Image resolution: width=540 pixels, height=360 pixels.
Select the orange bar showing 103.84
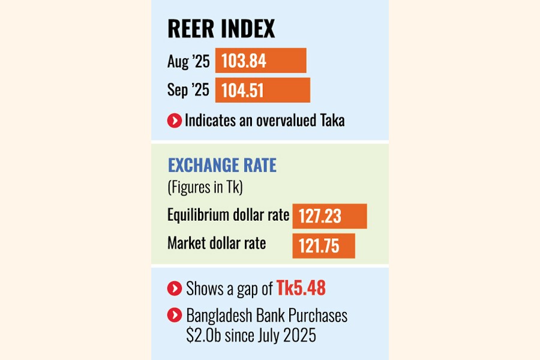pyautogui.click(x=260, y=61)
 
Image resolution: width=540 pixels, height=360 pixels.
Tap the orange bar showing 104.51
pyautogui.click(x=262, y=90)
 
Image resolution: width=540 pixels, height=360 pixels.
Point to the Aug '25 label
pyautogui.click(x=188, y=61)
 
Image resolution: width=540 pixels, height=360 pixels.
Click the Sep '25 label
pyautogui.click(x=188, y=91)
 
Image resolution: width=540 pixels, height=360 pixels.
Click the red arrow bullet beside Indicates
pyautogui.click(x=174, y=121)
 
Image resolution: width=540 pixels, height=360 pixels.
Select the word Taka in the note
pyautogui.click(x=331, y=121)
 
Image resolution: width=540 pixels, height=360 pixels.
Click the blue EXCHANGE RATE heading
pyautogui.click(x=222, y=166)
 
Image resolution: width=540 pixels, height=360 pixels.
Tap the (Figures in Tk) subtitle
pyautogui.click(x=203, y=188)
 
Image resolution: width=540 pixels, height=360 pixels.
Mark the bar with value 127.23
pyautogui.click(x=329, y=216)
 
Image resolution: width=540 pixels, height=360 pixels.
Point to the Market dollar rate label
pyautogui.click(x=217, y=244)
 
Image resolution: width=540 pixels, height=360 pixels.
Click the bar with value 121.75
pyautogui.click(x=323, y=246)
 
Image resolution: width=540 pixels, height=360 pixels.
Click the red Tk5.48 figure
pyautogui.click(x=301, y=289)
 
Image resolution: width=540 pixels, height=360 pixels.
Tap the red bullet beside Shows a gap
pyautogui.click(x=174, y=289)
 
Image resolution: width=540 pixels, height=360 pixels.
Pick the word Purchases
pyautogui.click(x=317, y=316)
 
